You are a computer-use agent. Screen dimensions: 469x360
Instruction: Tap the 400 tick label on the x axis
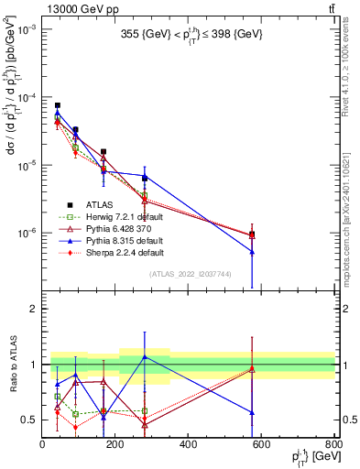tap(188, 444)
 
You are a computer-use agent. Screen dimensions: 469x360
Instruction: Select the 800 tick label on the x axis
tap(333, 444)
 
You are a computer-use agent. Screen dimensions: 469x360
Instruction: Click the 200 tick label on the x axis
tap(115, 444)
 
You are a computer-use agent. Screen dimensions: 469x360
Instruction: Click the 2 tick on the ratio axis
tap(34, 309)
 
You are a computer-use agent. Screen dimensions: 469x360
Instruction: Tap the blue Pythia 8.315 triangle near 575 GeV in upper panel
tap(252, 252)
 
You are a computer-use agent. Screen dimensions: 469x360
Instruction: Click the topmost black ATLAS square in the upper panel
tap(58, 105)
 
